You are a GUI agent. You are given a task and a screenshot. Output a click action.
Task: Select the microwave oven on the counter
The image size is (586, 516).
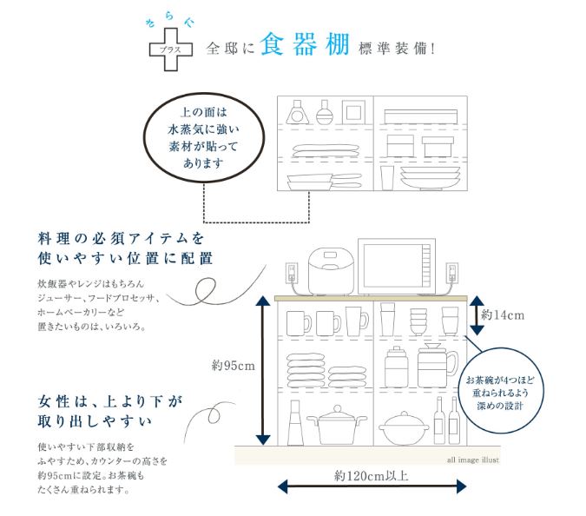399,267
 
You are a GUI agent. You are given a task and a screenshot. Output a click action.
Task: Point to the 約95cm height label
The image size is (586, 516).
233,365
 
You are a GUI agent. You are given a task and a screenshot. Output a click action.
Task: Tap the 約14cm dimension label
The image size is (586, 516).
504,314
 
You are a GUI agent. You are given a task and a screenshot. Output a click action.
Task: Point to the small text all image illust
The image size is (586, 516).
474,460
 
